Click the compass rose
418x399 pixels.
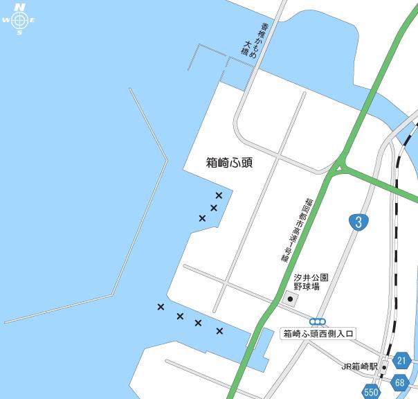[x=19, y=19]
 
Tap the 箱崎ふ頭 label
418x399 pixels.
[x=230, y=163]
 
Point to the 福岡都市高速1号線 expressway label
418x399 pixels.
[x=294, y=229]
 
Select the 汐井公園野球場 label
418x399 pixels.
[x=311, y=281]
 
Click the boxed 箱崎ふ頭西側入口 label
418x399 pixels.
[x=318, y=334]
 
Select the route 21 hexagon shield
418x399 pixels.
[x=402, y=361]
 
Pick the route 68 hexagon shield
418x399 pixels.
[x=400, y=382]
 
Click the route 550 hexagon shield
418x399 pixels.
[x=372, y=392]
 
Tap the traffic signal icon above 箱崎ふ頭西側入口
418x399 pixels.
[x=318, y=321]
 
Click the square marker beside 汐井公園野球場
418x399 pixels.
[x=291, y=299]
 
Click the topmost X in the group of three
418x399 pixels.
[x=219, y=195]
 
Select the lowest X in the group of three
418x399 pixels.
[x=202, y=218]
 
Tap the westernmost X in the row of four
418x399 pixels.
[x=161, y=307]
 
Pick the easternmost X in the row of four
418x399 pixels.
[x=219, y=331]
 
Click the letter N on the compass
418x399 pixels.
[x=19, y=7]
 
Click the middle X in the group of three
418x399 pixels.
[x=213, y=208]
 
